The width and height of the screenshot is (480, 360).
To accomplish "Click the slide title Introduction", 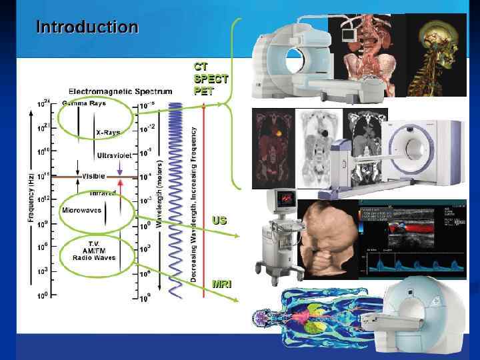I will pyautogui.click(x=87, y=27).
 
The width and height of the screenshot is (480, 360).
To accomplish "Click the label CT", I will pyautogui.click(x=200, y=67).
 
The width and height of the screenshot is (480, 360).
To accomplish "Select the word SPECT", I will pyautogui.click(x=211, y=79).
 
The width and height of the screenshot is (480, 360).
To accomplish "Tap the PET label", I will pyautogui.click(x=204, y=91).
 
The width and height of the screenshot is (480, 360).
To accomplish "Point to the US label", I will pyautogui.click(x=219, y=220).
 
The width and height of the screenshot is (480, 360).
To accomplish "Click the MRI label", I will pyautogui.click(x=222, y=284).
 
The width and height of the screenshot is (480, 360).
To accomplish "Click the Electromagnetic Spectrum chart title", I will pyautogui.click(x=120, y=91).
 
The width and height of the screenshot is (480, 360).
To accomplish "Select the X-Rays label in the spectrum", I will pyautogui.click(x=108, y=133).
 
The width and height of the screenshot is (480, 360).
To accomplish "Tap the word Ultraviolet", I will pyautogui.click(x=117, y=155).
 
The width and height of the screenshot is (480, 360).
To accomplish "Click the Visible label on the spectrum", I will pyautogui.click(x=93, y=176).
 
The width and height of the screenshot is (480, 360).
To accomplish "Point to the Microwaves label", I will pyautogui.click(x=81, y=210).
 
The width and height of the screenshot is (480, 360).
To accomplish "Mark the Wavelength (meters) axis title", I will pyautogui.click(x=159, y=193).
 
